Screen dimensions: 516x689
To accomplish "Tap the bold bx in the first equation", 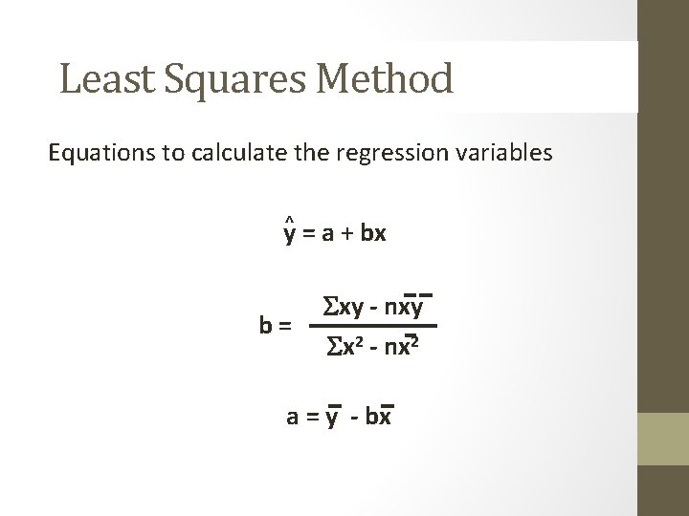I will [x=373, y=233].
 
